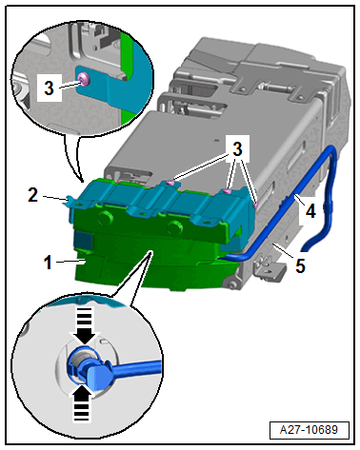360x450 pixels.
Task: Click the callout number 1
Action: click(x=48, y=263)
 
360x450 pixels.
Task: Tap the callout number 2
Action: click(x=33, y=195)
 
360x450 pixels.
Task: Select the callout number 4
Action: click(x=310, y=211)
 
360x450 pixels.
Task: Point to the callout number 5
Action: click(x=300, y=265)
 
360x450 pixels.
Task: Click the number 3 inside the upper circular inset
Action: click(x=49, y=88)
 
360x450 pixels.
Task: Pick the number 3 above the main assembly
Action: click(x=237, y=148)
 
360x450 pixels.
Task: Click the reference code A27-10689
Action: click(x=309, y=430)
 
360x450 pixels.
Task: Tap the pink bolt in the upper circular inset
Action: click(x=84, y=78)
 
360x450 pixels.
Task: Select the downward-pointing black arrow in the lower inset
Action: click(x=85, y=325)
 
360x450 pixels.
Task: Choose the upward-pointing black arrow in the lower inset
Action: click(x=82, y=402)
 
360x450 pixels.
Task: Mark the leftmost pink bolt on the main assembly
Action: click(x=170, y=183)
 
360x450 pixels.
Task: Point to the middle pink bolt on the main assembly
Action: click(x=227, y=191)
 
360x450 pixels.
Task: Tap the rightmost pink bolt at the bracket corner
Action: click(x=255, y=205)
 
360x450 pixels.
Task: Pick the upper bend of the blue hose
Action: click(x=331, y=151)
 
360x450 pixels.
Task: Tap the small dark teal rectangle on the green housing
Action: click(x=83, y=240)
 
